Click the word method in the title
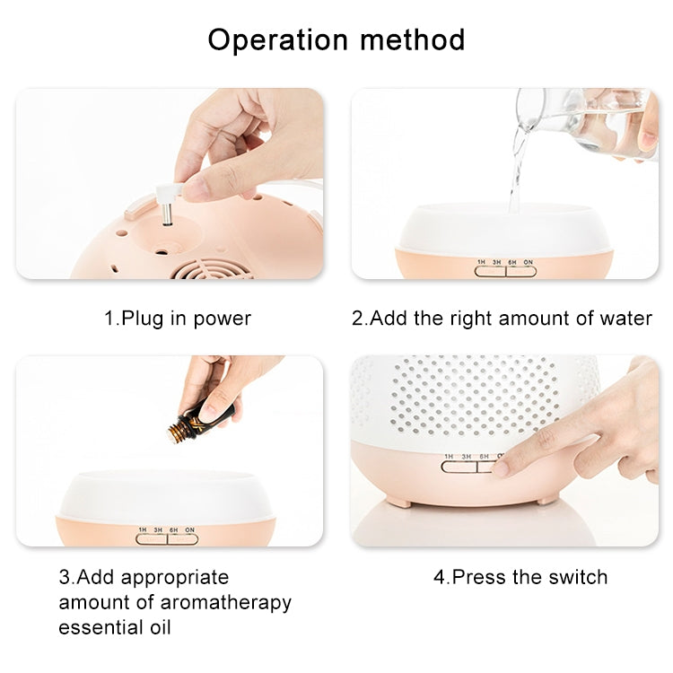click(x=413, y=39)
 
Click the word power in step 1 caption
click(x=223, y=319)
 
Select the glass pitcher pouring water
click(x=586, y=122)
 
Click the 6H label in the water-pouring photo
click(x=512, y=262)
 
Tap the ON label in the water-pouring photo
click(x=528, y=262)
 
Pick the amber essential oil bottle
click(x=200, y=421)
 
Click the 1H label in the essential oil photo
click(x=143, y=530)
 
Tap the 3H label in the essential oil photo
click(x=158, y=530)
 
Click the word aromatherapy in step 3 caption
click(x=226, y=603)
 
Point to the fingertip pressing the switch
click(x=501, y=468)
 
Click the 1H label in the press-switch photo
click(x=449, y=457)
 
